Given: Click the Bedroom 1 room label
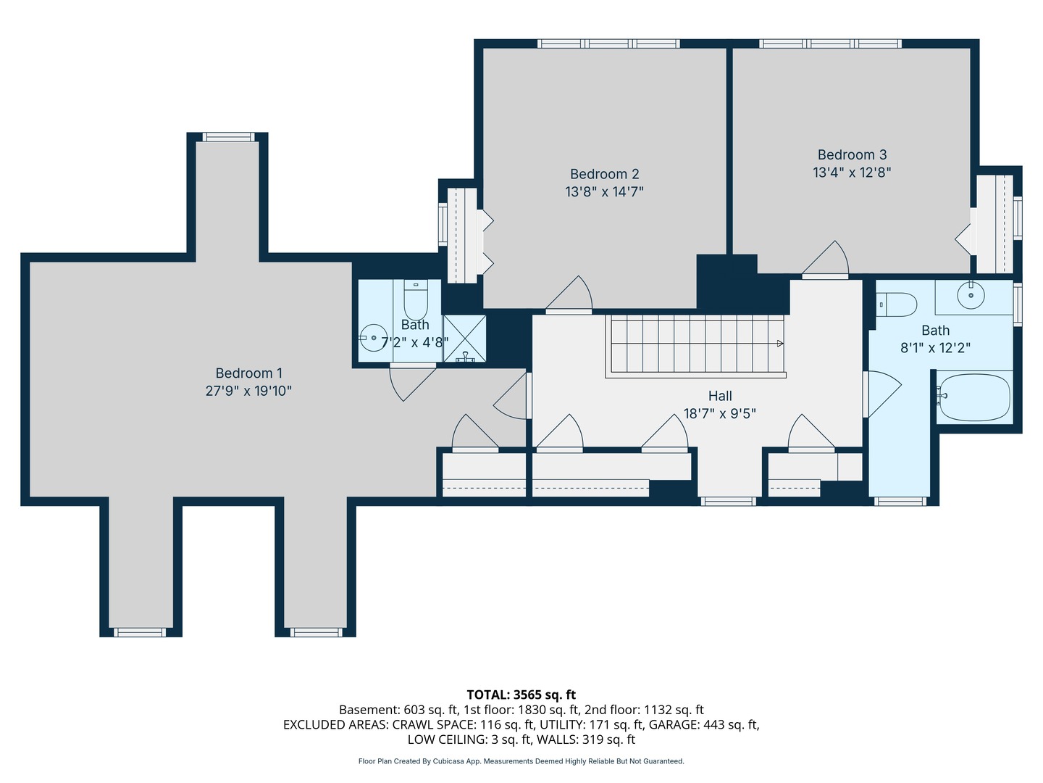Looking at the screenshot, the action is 248,373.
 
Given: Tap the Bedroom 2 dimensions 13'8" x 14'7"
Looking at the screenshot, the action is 604,192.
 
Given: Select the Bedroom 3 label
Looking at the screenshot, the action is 852,155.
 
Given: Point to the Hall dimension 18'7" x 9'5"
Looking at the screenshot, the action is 719,413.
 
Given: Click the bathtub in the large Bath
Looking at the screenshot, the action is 975,397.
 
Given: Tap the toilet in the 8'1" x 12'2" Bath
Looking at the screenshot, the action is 896,304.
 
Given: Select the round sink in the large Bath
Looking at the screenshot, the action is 971,295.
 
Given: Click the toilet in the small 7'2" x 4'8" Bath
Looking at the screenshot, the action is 416,300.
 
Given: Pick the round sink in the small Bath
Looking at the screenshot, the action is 373,338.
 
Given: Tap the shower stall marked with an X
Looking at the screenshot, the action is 464,339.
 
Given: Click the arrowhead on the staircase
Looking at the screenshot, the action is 780,343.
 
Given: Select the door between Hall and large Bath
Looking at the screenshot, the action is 882,394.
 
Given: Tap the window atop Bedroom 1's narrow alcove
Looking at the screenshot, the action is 229,138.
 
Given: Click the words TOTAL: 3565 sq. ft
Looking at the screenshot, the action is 521,695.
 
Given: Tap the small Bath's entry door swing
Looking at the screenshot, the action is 412,384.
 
